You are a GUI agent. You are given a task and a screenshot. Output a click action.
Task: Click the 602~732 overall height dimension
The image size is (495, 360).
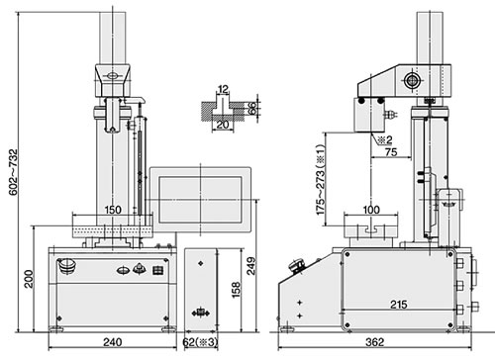tap(13, 172)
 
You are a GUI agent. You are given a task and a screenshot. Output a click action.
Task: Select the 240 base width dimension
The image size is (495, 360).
tap(113, 342)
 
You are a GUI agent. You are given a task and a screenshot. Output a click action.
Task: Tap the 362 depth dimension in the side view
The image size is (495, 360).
tap(375, 342)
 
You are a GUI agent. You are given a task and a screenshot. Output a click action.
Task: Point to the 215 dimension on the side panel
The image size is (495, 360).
tap(399, 305)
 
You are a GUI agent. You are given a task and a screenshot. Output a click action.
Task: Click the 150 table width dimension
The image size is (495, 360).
tap(113, 210)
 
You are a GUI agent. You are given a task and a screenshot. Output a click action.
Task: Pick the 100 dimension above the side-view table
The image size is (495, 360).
tap(371, 210)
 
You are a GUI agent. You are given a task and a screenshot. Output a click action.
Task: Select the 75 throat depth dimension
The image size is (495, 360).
tap(391, 152)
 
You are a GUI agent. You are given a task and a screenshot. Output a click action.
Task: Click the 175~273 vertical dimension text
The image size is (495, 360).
tap(321, 180)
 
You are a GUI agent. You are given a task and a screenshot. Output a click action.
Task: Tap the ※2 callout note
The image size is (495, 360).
tap(385, 140)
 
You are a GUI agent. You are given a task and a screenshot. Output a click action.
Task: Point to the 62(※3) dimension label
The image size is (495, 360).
tap(200, 342)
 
